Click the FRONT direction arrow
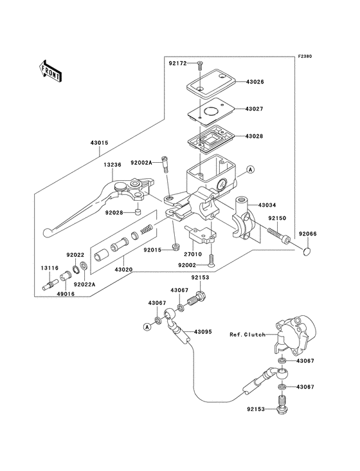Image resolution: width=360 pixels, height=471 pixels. tap(50, 69)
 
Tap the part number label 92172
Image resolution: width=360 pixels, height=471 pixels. tap(179, 64)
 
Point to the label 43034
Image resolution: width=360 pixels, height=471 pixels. tap(268, 205)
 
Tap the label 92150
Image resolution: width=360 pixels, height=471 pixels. tap(277, 219)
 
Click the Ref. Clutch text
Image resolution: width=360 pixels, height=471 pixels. tap(248, 335)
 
